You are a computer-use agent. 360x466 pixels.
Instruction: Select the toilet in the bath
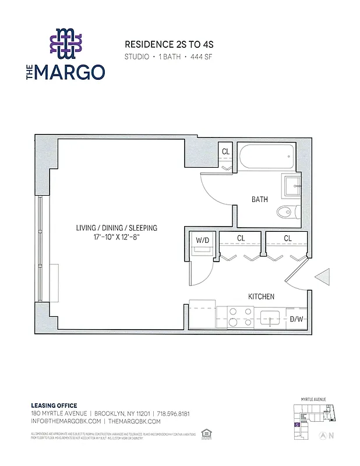287,211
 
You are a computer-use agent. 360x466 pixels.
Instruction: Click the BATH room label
260,199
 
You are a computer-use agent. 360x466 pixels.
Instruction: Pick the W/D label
202,239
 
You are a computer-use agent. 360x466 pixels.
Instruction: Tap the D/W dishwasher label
296,319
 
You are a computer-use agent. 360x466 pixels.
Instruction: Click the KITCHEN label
261,296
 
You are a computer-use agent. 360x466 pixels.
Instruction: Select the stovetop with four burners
239,316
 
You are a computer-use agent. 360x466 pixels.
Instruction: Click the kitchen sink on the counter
272,317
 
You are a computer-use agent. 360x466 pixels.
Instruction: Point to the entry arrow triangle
322,277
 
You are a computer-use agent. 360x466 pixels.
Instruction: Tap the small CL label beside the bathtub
225,152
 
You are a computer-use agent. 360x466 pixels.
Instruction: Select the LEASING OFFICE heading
54,405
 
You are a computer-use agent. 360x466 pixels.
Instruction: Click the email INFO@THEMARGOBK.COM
66,421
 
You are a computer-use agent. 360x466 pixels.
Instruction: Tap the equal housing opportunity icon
204,433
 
